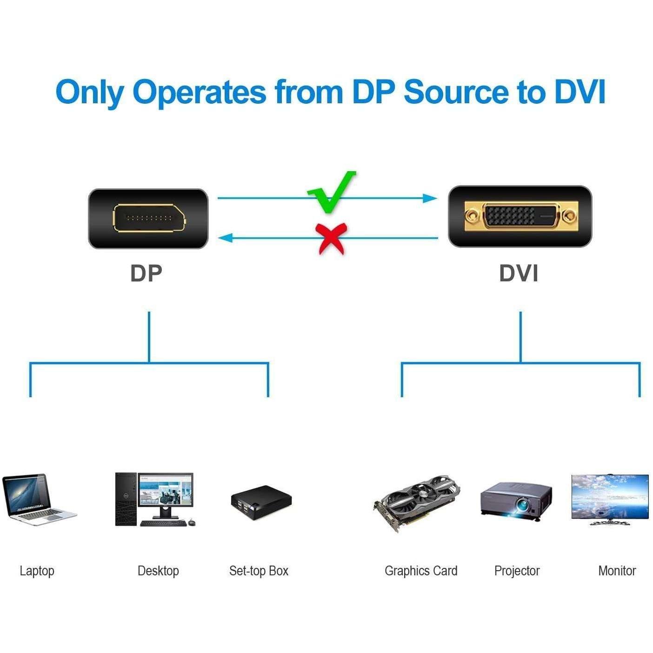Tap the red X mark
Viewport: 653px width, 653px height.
pos(331,238)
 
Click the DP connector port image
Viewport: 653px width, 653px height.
pos(148,218)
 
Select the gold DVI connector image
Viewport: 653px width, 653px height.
pos(520,216)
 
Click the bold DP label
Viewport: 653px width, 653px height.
pos(146,273)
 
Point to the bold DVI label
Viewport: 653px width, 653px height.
pos(519,273)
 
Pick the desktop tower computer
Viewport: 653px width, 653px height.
pos(126,499)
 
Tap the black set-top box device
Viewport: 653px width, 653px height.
pos(261,503)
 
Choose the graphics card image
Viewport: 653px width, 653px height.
pos(417,502)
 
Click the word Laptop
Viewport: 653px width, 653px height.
pos(37,571)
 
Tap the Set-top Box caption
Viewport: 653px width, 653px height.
pos(259,571)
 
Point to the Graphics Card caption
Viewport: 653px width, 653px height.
pos(421,571)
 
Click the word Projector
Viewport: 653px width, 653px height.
pos(517,571)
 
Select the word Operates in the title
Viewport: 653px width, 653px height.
pos(200,93)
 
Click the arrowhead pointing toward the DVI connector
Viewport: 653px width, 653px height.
pos(430,199)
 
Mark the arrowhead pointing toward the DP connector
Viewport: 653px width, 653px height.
pos(226,238)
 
